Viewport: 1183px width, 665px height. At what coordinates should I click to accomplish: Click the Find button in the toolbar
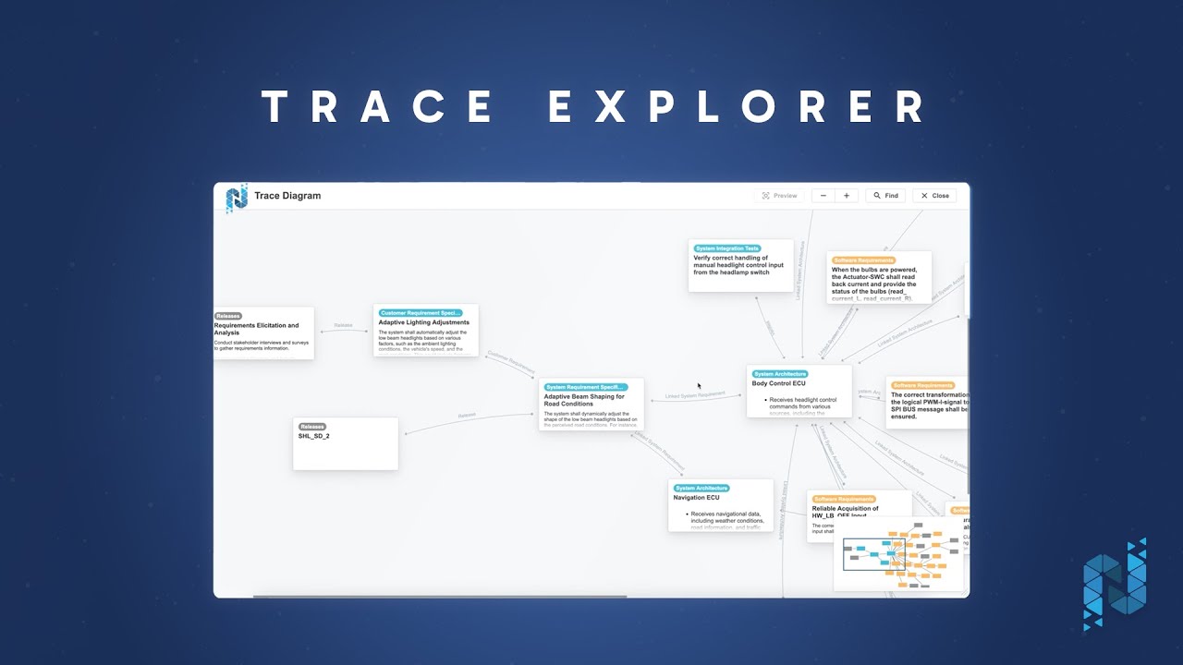(x=884, y=196)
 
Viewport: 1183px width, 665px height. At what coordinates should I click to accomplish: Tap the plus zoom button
(x=847, y=196)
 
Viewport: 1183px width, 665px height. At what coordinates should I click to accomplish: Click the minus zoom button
(x=823, y=196)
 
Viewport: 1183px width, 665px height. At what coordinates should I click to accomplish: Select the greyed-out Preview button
(x=779, y=196)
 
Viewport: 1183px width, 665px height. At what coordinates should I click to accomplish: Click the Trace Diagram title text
(x=287, y=196)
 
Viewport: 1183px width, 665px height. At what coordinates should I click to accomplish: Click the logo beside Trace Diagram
(x=237, y=198)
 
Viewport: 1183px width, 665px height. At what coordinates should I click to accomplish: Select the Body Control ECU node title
(x=778, y=383)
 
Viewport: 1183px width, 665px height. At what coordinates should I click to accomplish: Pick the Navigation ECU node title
(x=696, y=498)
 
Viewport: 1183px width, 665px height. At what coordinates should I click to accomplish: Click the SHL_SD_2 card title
(x=313, y=436)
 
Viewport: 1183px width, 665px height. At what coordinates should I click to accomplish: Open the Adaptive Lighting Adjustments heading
(x=423, y=322)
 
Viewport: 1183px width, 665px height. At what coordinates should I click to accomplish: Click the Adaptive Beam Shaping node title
(x=583, y=400)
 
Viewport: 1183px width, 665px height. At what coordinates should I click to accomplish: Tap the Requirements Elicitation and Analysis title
(x=256, y=329)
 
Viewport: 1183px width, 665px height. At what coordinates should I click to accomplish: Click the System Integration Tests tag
(x=727, y=248)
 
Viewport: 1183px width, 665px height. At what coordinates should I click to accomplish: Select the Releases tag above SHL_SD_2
(x=312, y=427)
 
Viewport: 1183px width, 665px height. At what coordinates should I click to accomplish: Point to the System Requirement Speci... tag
(x=585, y=387)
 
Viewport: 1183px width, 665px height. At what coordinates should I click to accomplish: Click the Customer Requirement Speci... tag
(x=420, y=313)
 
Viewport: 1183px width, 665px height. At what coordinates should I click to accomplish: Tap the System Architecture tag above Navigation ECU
(x=701, y=488)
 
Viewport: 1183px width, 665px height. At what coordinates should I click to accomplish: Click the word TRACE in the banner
(x=379, y=107)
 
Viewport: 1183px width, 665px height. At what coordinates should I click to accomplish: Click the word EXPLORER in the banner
(x=737, y=107)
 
